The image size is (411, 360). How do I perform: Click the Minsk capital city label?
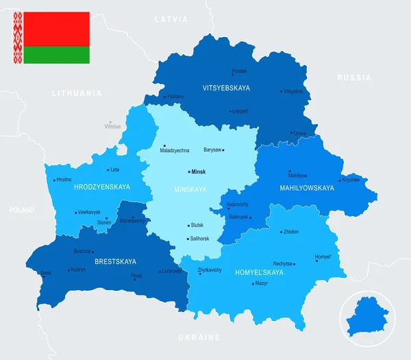click(x=199, y=171)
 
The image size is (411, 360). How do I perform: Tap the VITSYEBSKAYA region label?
click(x=226, y=88)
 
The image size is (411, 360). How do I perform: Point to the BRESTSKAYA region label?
click(x=115, y=261)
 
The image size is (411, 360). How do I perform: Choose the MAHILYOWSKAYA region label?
click(x=307, y=188)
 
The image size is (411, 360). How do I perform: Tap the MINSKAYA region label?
click(x=190, y=189)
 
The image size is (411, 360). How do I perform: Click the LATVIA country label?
click(x=171, y=19)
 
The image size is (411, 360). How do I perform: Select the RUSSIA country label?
click(x=354, y=77)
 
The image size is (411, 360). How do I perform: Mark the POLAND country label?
click(x=22, y=211)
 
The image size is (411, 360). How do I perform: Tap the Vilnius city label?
click(x=112, y=126)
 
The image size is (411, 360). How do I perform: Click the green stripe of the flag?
click(x=57, y=55)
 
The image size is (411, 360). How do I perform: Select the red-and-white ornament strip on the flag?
click(x=18, y=38)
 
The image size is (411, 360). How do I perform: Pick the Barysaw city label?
click(x=212, y=149)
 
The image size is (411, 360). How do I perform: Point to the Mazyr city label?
click(x=261, y=283)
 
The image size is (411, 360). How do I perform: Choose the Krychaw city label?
click(x=351, y=180)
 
